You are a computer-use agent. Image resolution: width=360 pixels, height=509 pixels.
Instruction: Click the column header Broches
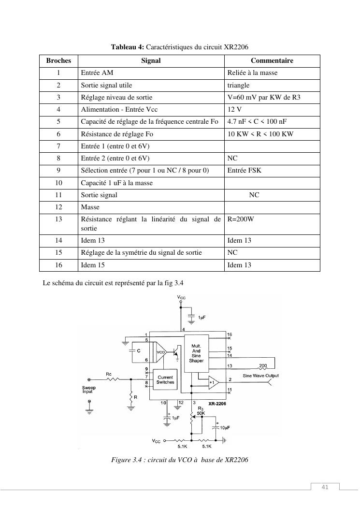point(58,61)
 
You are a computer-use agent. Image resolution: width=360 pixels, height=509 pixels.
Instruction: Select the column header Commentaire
point(272,61)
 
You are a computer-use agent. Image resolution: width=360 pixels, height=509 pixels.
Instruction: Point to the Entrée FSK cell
point(244,171)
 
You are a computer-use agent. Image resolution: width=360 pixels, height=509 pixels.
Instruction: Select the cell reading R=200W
point(240,219)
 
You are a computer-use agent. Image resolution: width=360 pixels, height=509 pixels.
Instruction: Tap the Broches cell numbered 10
point(58,183)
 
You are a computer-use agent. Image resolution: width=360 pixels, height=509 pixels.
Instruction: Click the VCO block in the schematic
point(160,353)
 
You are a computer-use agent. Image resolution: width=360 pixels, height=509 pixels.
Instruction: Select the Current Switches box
point(165,380)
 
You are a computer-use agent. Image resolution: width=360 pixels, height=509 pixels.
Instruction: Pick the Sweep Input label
point(89,390)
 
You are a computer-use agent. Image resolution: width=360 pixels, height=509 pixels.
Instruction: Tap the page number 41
point(325,487)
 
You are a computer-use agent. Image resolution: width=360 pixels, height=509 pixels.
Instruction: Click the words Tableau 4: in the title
point(128,47)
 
